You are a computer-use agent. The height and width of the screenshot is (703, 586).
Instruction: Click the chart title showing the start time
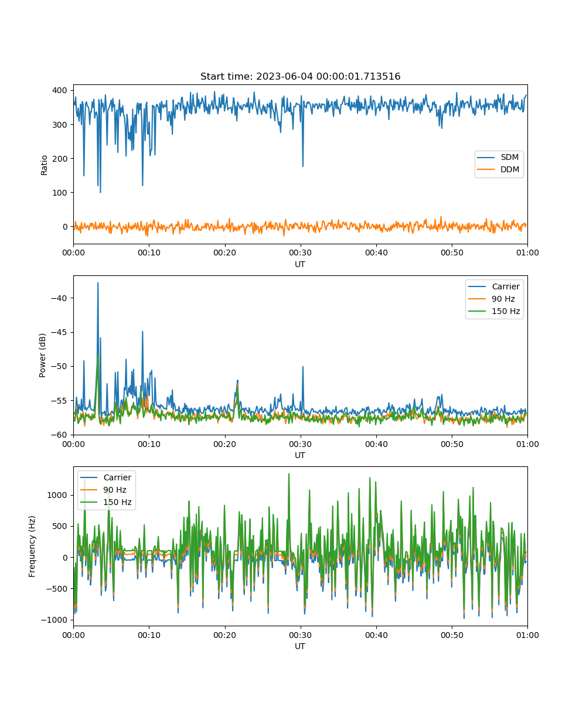(x=300, y=76)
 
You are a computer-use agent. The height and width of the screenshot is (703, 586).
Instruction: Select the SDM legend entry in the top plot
(x=499, y=157)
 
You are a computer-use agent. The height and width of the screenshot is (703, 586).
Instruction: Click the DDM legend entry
(x=499, y=169)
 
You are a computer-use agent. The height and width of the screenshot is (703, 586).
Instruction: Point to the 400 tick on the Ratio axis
(x=59, y=90)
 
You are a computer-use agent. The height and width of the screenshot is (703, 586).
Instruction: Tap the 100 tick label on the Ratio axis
(x=59, y=193)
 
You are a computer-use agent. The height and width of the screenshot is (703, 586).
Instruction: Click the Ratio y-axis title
(x=44, y=165)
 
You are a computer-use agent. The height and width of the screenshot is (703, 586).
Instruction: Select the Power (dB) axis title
(x=42, y=355)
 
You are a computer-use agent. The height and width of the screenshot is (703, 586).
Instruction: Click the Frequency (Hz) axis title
(x=32, y=547)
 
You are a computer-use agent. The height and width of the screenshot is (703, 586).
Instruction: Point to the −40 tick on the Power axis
(x=59, y=298)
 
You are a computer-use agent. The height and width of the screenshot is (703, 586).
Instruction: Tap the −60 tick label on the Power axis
(x=59, y=435)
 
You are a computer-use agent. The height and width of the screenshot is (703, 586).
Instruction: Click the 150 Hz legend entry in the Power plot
(x=494, y=311)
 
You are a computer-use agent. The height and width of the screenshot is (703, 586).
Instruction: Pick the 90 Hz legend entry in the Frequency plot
(x=103, y=490)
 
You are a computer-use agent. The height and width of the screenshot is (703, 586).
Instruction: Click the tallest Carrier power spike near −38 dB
(x=98, y=284)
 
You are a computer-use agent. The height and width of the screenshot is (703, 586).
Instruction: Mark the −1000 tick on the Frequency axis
(x=54, y=620)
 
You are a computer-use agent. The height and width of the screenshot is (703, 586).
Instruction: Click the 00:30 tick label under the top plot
(x=300, y=252)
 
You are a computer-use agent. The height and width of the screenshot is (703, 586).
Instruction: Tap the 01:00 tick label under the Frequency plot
(x=527, y=635)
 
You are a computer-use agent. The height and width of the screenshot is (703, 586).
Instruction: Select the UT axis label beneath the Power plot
(x=300, y=455)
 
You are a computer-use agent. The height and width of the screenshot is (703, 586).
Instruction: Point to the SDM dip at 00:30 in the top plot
(x=303, y=166)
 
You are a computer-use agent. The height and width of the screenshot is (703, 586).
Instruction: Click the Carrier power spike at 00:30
(x=303, y=367)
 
